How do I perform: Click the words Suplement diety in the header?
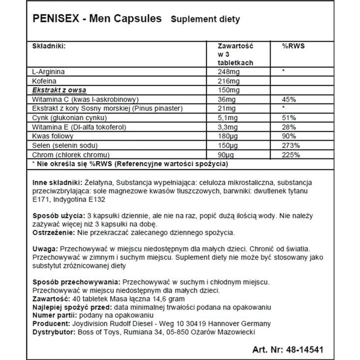[x=205, y=19]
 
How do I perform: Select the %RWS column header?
[x=294, y=45]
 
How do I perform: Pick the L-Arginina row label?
[x=48, y=71]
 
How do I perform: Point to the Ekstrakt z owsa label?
[x=58, y=90]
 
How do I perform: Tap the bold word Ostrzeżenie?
[x=51, y=233]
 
